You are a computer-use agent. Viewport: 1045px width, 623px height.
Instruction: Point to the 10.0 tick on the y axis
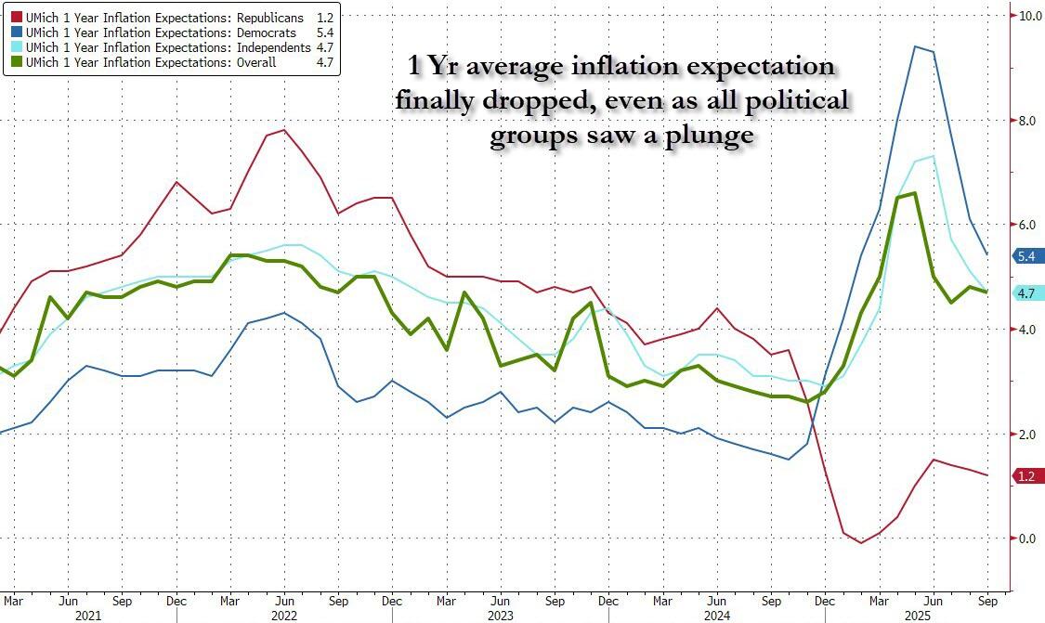pos(1029,16)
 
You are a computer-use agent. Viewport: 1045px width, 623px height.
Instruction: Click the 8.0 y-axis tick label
pos(1026,121)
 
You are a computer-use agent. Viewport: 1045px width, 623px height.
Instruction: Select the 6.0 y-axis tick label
pos(1026,225)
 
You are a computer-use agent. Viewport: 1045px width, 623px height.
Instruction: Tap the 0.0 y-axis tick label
pos(1026,539)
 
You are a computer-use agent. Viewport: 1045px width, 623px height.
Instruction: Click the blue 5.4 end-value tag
pos(1026,256)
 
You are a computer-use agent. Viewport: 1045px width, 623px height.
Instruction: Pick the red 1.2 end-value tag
pos(1026,476)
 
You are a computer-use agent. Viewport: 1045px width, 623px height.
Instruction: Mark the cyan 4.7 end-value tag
pos(1026,293)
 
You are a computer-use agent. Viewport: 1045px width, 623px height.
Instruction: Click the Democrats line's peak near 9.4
pos(916,46)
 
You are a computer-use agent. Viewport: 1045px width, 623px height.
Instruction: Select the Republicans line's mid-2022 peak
pos(284,130)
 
